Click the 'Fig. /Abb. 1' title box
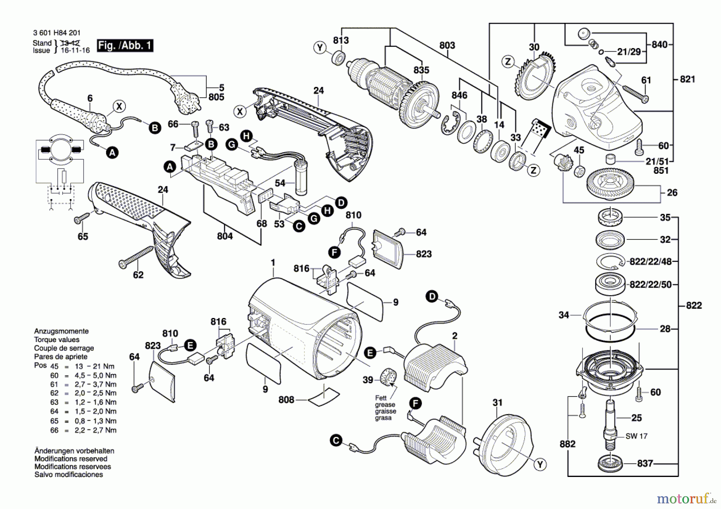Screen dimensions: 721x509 [x=125, y=45]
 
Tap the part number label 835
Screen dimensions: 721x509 [x=421, y=70]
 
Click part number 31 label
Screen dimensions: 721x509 [x=497, y=402]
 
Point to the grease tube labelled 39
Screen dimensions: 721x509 [x=388, y=377]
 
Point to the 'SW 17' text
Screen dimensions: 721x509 [x=636, y=436]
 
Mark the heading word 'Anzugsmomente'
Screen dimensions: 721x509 [x=61, y=331]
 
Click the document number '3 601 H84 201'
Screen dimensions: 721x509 [x=56, y=33]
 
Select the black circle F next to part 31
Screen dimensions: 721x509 [x=415, y=403]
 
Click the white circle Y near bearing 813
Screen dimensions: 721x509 [x=320, y=48]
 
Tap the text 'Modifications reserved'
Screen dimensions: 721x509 [x=71, y=459]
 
